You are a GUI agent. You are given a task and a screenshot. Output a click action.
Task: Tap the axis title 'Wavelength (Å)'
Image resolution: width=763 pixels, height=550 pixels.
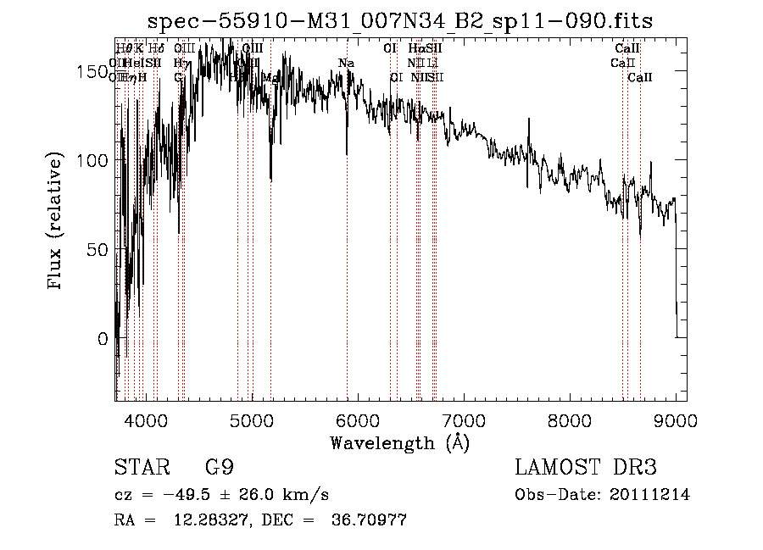(399, 442)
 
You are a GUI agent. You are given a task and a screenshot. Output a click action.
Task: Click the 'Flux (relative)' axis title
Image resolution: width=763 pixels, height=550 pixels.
(57, 221)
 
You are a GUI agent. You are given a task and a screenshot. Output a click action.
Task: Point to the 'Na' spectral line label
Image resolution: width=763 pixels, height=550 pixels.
(346, 63)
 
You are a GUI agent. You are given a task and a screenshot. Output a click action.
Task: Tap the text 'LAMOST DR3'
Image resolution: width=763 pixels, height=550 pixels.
(585, 468)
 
